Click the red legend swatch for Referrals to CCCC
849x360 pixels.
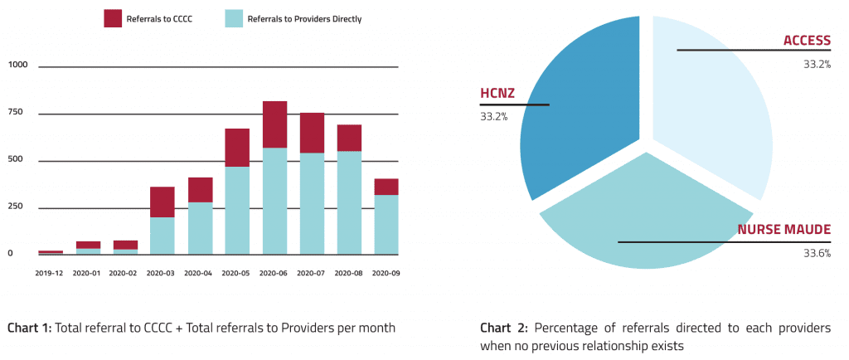pos(113,18)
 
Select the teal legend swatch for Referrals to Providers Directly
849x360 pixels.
pos(235,18)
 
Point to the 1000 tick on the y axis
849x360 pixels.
pos(17,66)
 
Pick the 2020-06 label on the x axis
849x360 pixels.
pos(274,273)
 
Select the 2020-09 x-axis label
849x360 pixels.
pos(386,273)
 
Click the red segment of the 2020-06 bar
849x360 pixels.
pos(274,124)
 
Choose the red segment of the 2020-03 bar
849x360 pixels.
pos(163,202)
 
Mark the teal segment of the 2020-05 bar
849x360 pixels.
pos(237,211)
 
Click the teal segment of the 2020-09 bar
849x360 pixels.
pos(386,224)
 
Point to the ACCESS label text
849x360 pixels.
pos(807,41)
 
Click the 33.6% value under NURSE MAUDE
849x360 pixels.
pos(817,254)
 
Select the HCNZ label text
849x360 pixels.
pos(497,94)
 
